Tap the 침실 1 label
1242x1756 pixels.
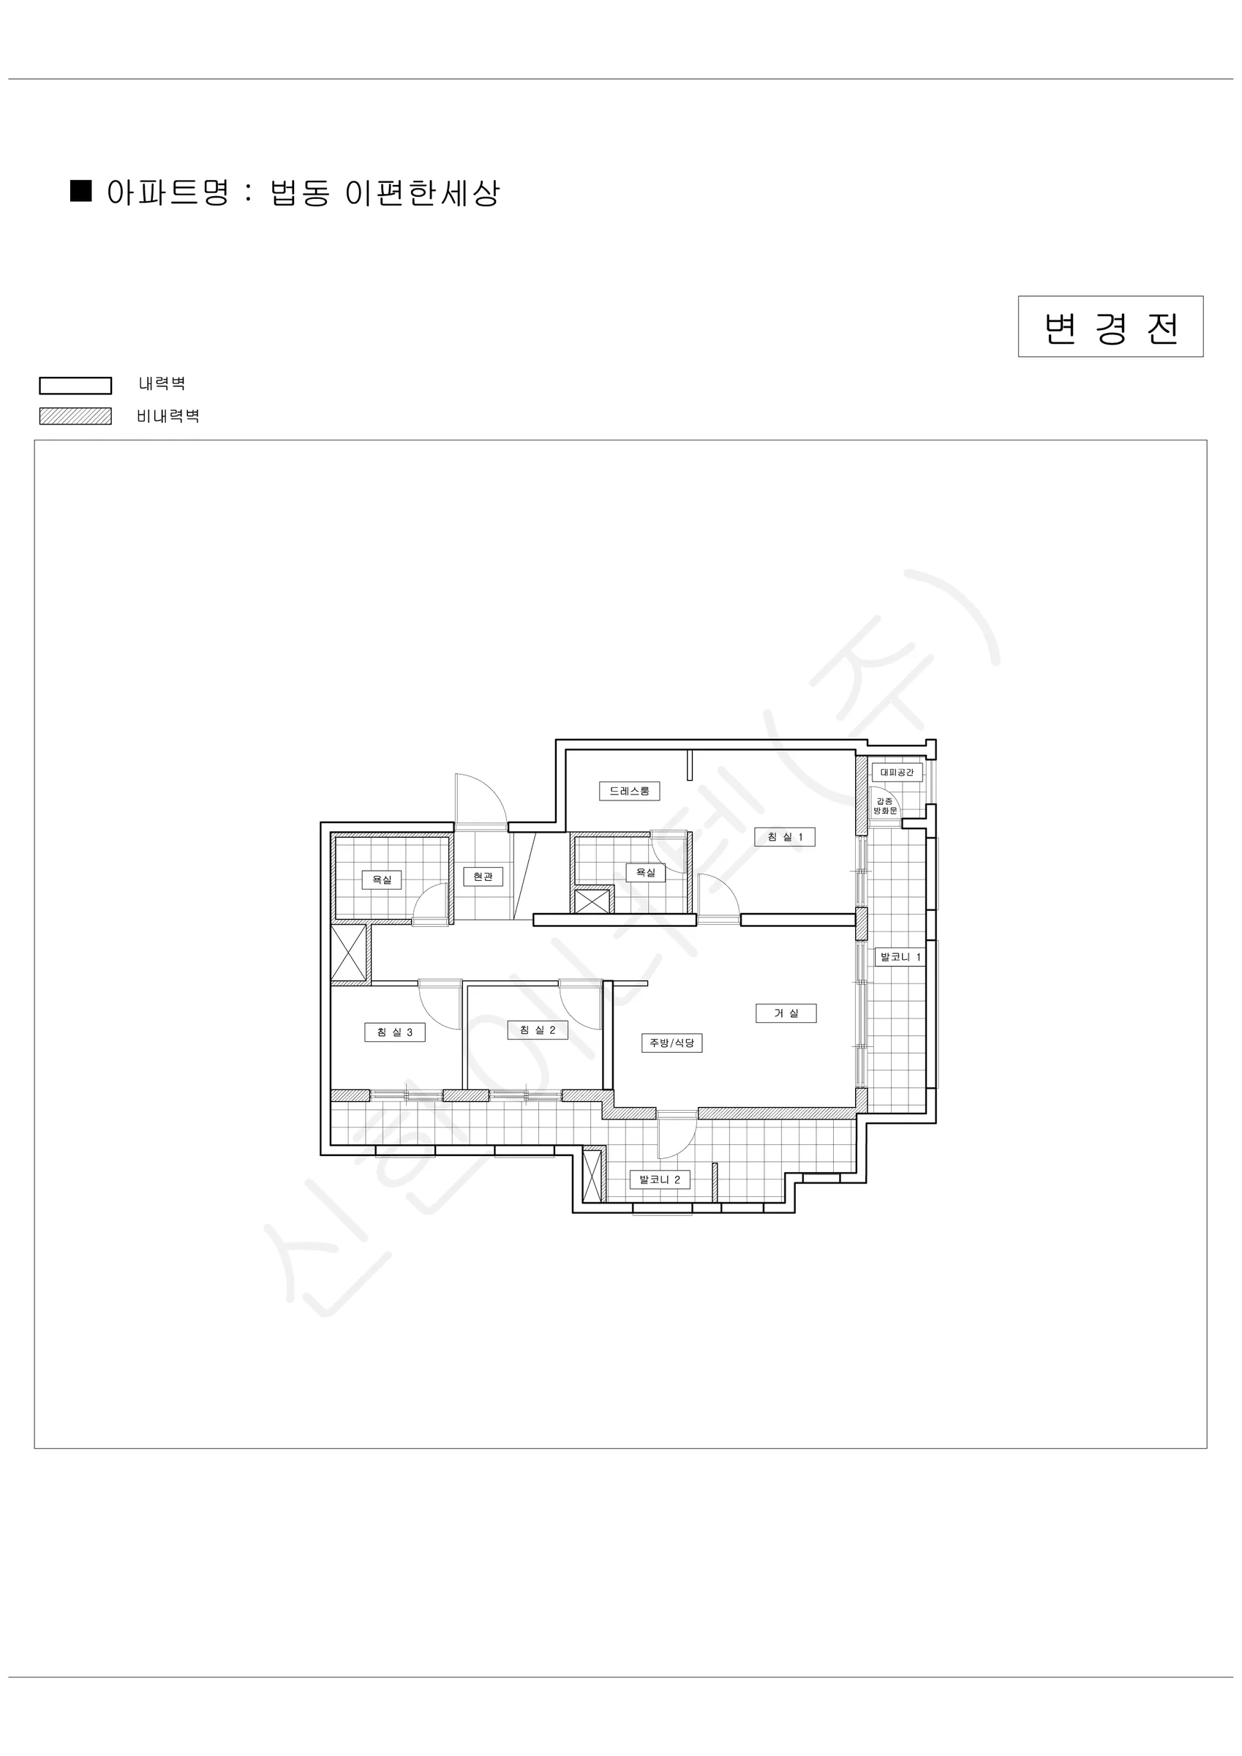pos(785,837)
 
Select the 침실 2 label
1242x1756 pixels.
pos(538,1030)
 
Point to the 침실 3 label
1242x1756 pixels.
pos(395,1032)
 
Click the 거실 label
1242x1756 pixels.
pos(786,1013)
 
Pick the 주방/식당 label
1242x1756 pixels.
pos(671,1043)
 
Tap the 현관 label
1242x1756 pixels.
pos(483,877)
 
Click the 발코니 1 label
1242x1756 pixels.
pos(900,957)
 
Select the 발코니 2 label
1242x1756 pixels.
pos(659,1179)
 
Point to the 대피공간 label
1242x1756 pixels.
pos(897,773)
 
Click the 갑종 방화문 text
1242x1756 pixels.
pos(885,806)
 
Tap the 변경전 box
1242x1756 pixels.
pos(1110,326)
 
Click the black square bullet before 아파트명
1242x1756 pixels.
pos(81,190)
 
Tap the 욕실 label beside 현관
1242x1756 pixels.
pos(382,879)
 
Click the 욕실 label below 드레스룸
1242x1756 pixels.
pos(645,873)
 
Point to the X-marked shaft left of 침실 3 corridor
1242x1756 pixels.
pos(348,953)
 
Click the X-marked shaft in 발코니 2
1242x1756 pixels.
pos(592,1176)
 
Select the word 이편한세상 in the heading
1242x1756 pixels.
pos(423,192)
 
